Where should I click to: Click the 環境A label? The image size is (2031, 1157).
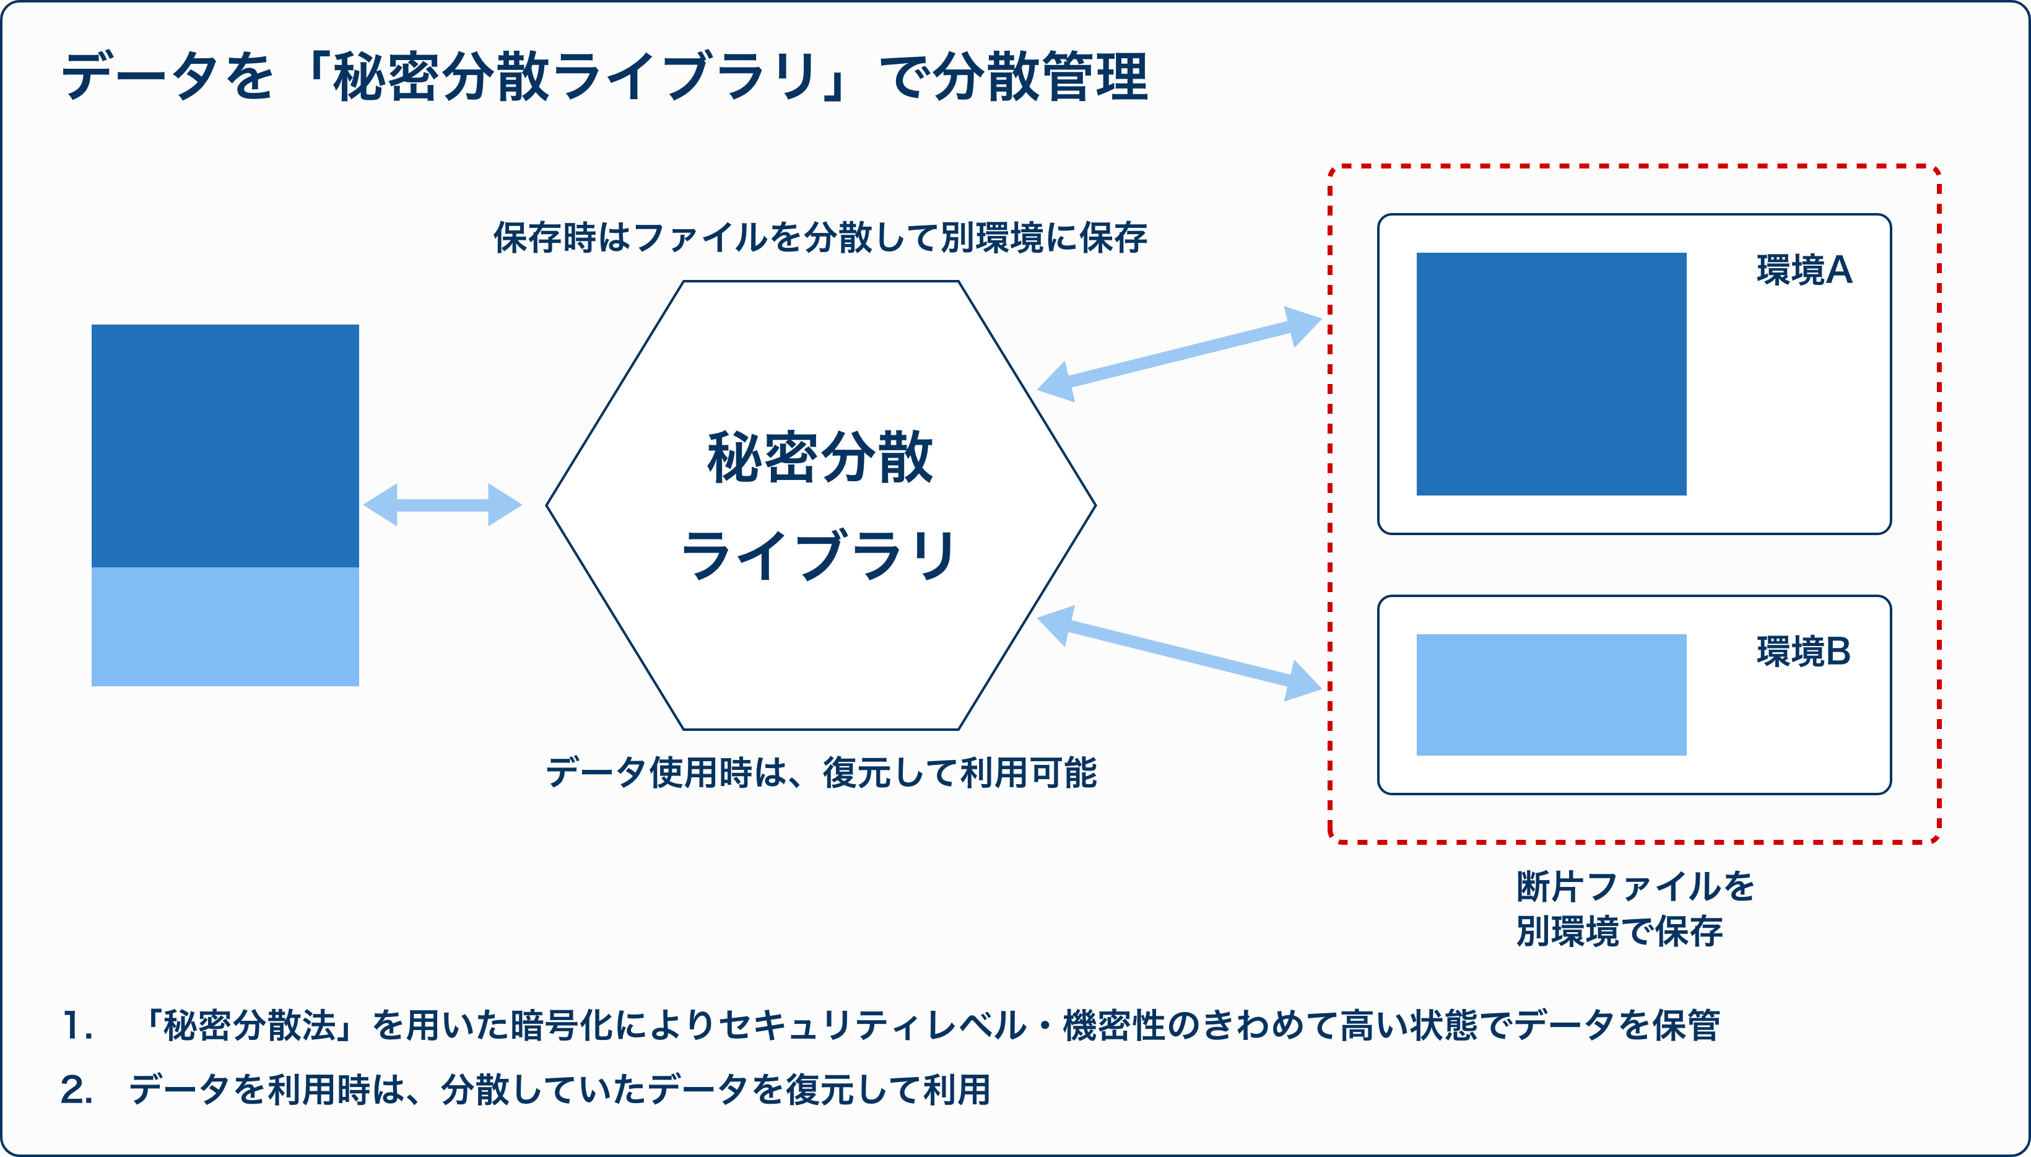1804,270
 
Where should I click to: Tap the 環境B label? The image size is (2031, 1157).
1803,652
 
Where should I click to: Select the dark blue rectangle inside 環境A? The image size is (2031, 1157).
1551,374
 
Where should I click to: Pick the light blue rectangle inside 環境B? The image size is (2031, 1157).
1551,694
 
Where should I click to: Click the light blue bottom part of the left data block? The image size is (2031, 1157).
225,626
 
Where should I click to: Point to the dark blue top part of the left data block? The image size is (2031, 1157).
225,446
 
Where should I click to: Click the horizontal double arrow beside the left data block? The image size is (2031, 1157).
442,505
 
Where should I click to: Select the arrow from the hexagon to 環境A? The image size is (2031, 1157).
1180,354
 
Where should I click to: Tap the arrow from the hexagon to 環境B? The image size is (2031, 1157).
1180,653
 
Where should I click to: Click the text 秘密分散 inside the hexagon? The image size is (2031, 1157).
820,458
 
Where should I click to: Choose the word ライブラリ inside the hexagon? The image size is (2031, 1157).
819,555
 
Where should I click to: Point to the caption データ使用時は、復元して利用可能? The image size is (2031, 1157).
821,772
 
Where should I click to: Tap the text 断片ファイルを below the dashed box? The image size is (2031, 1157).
1635,887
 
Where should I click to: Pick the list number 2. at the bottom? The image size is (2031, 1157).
77,1089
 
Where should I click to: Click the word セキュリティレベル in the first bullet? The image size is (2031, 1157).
872,1025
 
